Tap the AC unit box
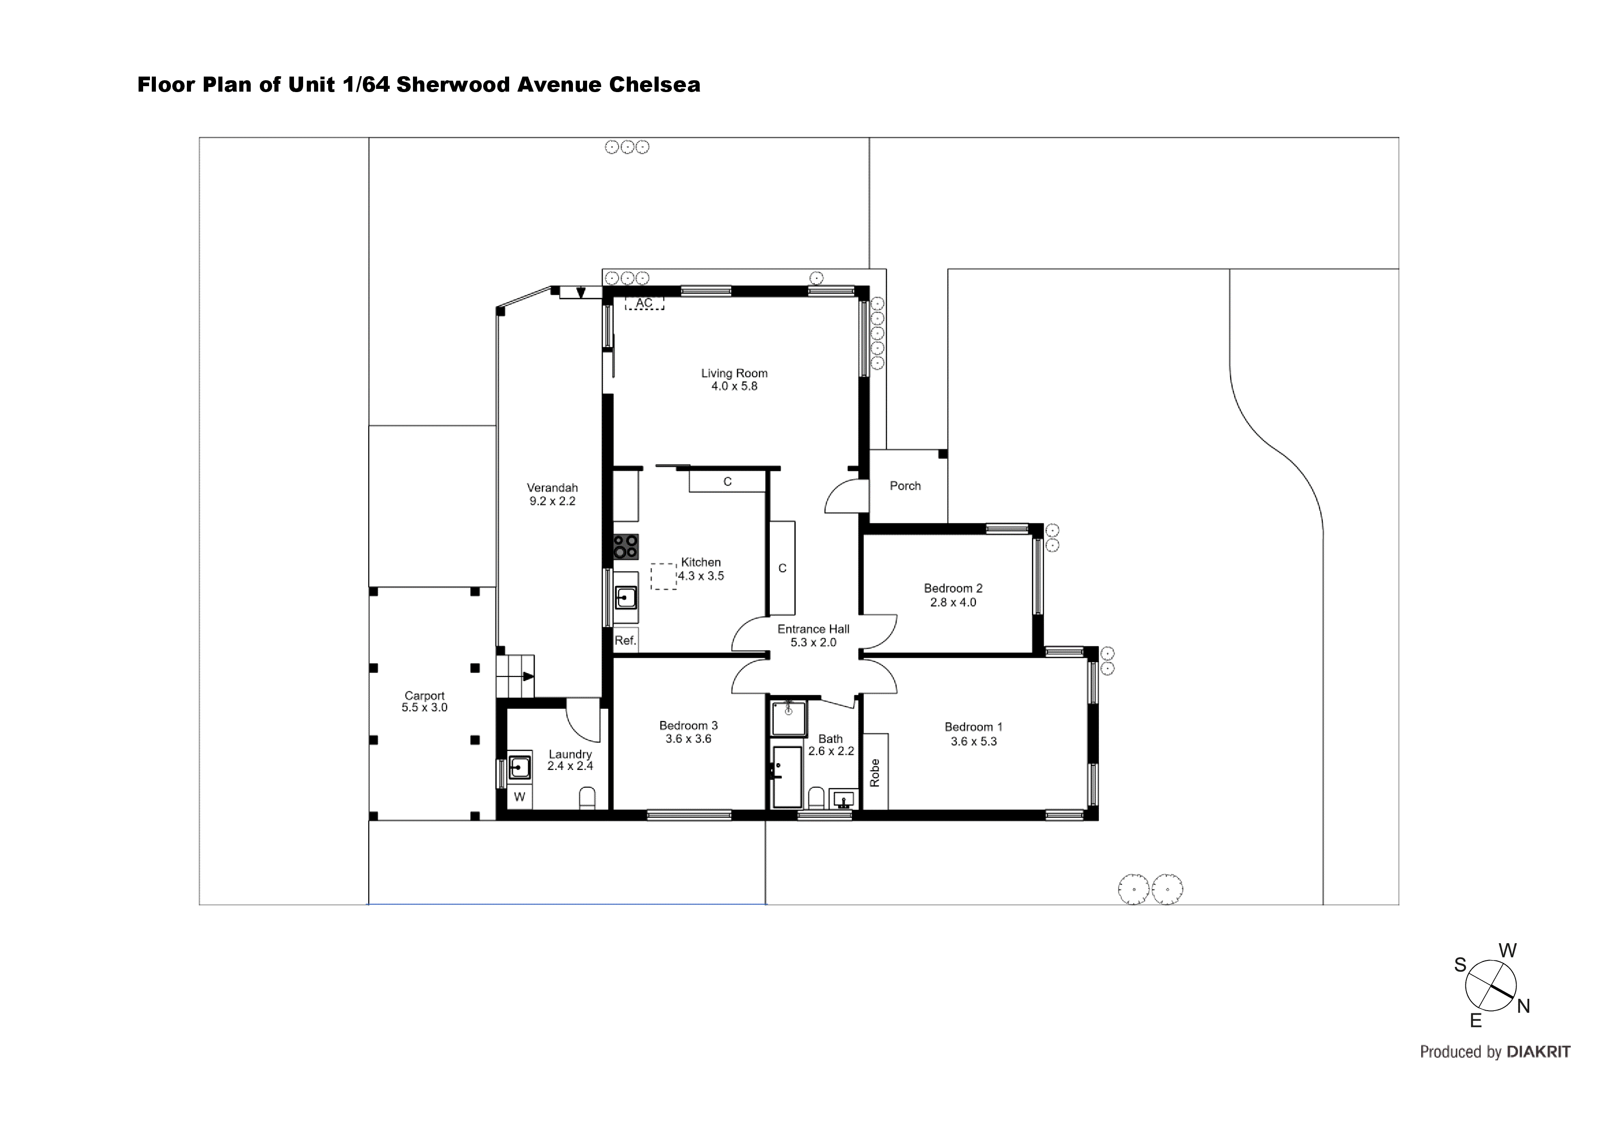pos(644,303)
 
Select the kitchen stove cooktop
pos(625,546)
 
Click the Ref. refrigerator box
pos(625,640)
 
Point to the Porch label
pos(905,486)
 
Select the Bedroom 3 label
pos(688,726)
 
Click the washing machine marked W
pos(520,797)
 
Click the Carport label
pos(424,696)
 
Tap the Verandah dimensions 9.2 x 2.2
pos(552,501)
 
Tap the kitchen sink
pos(625,598)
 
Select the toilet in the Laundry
pos(587,798)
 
